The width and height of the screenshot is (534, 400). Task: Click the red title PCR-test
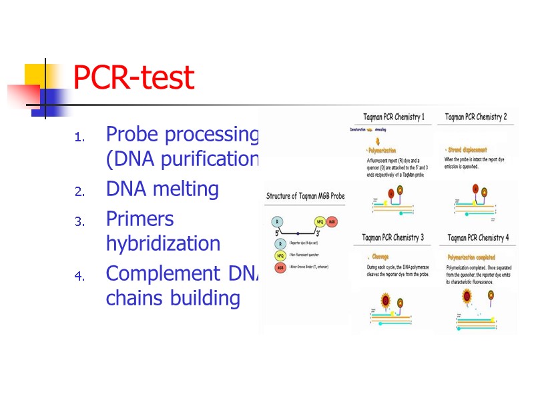point(133,79)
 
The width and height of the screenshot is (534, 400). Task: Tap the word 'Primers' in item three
point(140,219)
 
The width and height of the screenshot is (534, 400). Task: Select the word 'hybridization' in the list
point(163,243)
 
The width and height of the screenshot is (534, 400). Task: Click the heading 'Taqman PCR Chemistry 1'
point(393,117)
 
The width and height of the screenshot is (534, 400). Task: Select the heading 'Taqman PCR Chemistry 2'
point(476,117)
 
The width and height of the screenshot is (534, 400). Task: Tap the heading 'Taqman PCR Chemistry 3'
point(393,237)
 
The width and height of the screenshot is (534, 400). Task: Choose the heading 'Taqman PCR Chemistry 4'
point(478,237)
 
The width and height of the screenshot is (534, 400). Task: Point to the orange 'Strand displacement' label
point(468,150)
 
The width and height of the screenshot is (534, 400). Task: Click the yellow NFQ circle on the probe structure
point(320,221)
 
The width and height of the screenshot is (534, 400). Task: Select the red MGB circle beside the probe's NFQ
point(332,221)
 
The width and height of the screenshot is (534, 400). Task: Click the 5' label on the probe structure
point(277,233)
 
